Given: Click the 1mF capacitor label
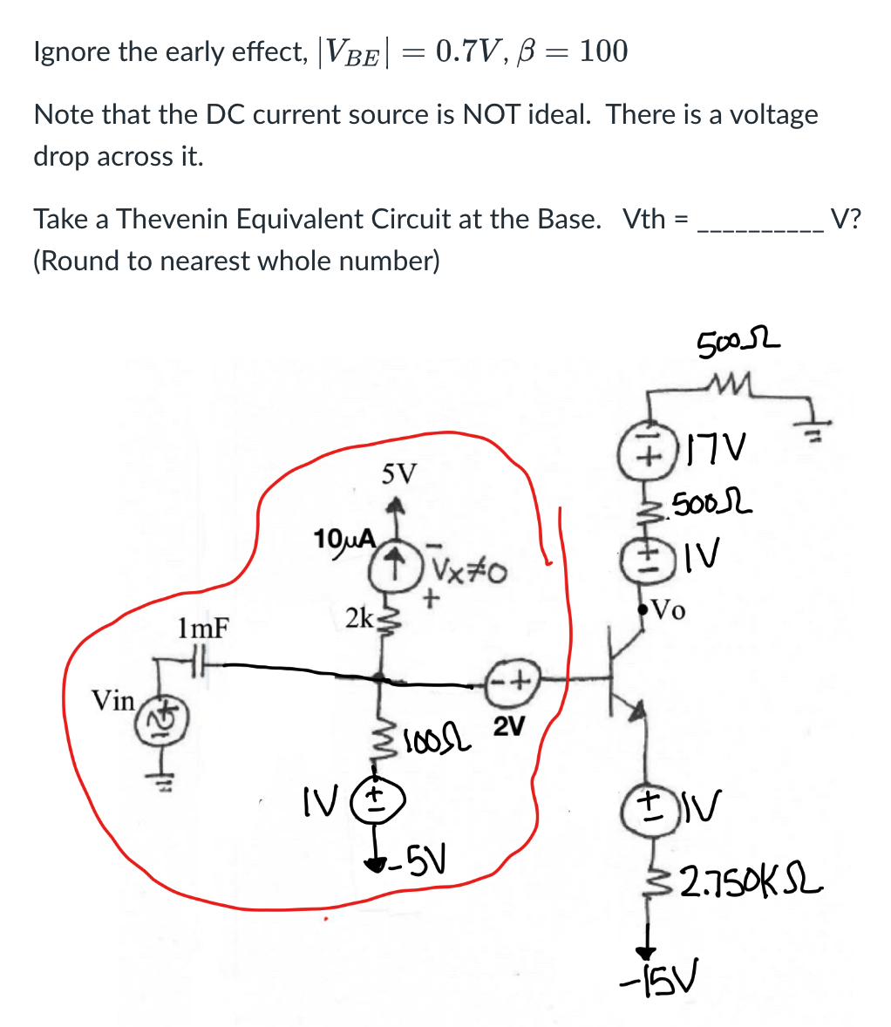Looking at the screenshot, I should coord(202,628).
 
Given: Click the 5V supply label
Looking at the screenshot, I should coord(399,474).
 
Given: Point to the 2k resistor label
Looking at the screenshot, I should coord(357,618).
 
